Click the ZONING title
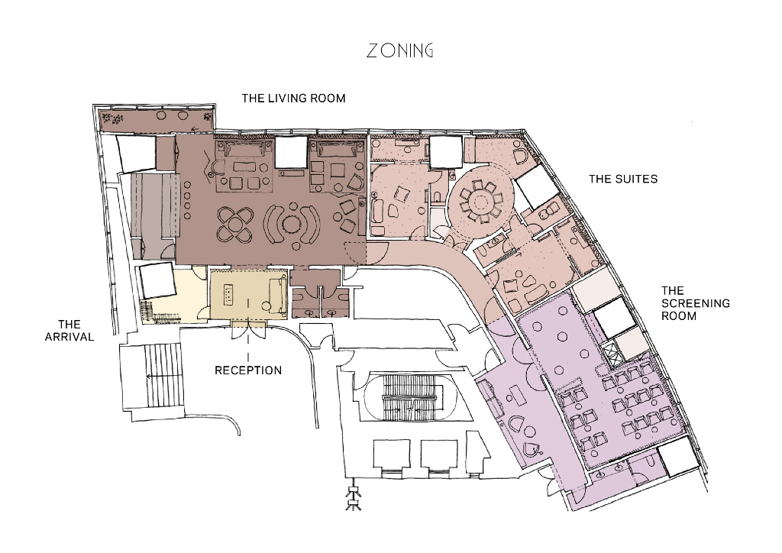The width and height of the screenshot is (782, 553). (x=400, y=50)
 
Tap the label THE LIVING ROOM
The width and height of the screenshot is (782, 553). (x=294, y=99)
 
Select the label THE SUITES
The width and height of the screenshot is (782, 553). (x=623, y=179)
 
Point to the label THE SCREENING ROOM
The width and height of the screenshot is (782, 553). (x=695, y=303)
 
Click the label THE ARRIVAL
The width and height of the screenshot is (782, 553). (x=69, y=331)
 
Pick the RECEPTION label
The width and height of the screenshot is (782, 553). (x=248, y=370)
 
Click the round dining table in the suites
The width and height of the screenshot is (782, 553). (x=481, y=202)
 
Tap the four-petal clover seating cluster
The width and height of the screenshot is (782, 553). (x=235, y=225)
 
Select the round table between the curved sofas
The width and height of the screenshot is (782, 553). (x=292, y=223)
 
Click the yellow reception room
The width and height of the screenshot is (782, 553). (x=249, y=294)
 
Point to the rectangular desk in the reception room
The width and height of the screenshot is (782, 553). (x=228, y=294)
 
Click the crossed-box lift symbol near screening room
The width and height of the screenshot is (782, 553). (x=611, y=354)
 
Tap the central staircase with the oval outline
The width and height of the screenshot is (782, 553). (x=409, y=396)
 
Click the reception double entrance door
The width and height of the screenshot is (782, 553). (x=248, y=330)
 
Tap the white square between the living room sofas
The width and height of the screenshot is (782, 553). (x=291, y=152)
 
